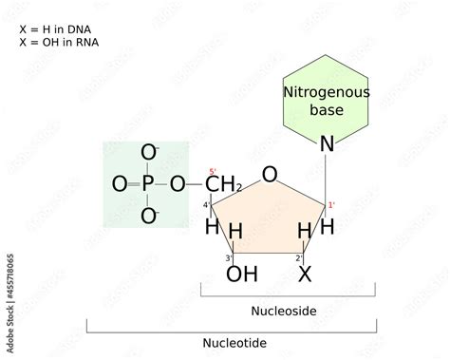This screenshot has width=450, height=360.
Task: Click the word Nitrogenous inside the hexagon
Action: (327, 92)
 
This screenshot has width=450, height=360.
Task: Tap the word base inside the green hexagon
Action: (327, 110)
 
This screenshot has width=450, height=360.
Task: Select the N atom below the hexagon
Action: (327, 144)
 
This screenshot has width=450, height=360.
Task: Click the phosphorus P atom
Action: (147, 184)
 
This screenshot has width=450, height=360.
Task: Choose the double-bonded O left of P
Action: (118, 184)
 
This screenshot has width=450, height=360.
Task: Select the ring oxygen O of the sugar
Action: (271, 175)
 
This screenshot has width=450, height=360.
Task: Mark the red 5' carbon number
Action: (213, 172)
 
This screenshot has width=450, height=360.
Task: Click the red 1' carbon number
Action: (331, 205)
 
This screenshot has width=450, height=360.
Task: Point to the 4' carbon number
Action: (206, 205)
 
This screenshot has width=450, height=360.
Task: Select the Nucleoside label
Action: (283, 311)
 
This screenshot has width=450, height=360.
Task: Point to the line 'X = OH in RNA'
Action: (59, 42)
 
